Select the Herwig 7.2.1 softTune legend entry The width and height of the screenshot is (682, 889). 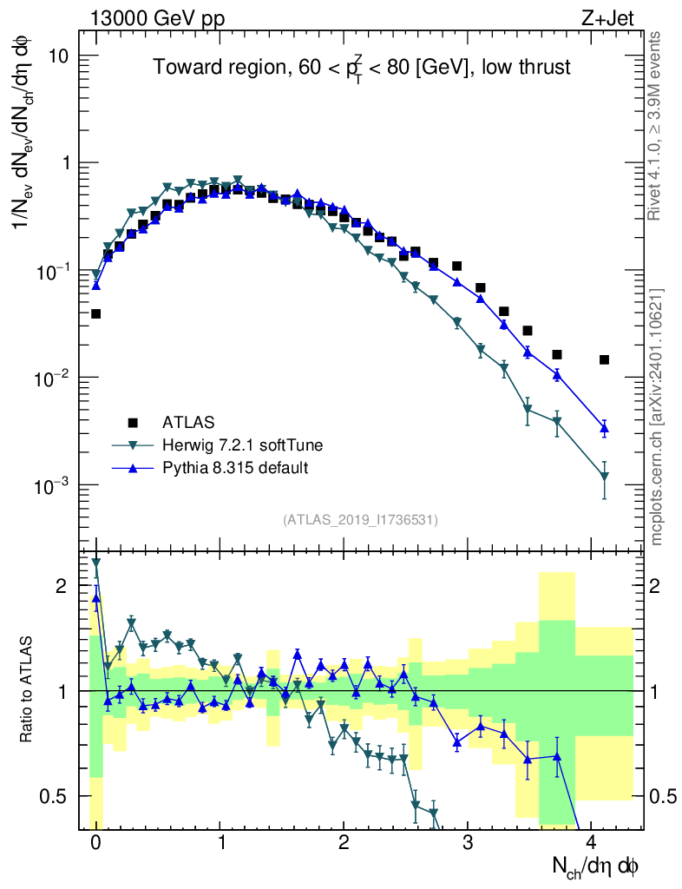242,445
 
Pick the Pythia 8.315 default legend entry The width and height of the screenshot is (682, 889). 235,468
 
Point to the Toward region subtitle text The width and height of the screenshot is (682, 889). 362,68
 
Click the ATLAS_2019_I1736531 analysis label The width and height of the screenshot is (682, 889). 360,520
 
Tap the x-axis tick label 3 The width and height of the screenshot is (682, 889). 468,845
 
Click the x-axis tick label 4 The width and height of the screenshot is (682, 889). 592,845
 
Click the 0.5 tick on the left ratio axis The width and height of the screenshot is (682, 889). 56,796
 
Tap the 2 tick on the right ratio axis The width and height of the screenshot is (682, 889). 665,586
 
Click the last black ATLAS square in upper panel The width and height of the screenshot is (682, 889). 604,359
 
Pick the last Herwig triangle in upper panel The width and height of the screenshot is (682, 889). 604,477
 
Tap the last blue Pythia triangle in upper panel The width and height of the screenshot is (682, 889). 604,428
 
